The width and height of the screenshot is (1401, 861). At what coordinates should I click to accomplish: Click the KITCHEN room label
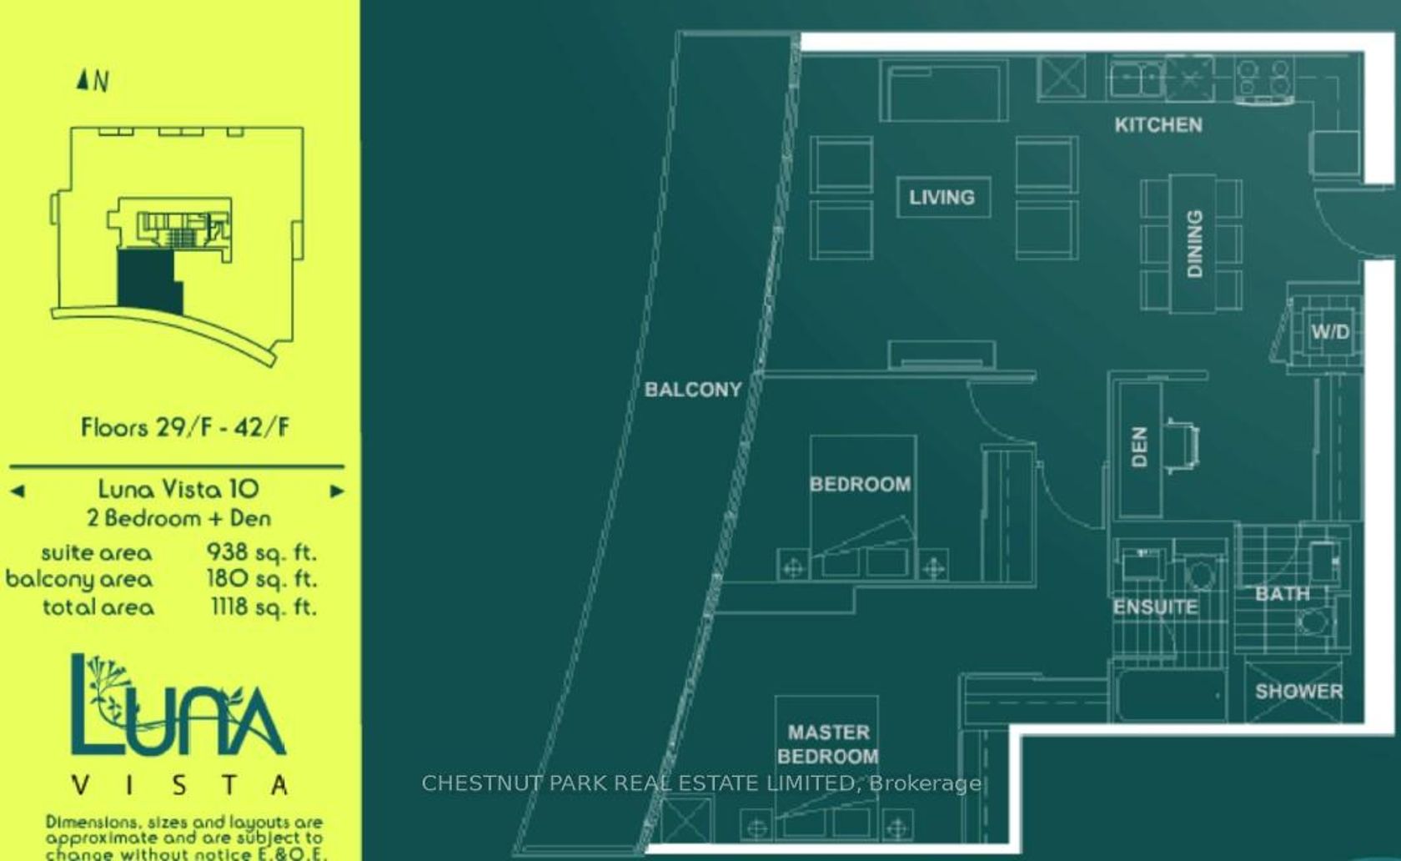1158,125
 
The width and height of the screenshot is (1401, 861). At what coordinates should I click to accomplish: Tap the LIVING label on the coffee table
942,198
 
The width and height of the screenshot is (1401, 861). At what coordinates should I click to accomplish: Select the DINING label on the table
1194,244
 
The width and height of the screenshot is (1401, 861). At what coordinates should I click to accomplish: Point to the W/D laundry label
1330,332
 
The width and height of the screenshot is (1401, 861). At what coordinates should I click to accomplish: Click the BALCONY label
693,390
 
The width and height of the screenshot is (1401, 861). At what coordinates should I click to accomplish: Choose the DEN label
1139,447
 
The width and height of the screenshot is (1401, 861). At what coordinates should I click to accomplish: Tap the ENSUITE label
1156,607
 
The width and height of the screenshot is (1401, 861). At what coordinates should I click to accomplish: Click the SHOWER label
1299,692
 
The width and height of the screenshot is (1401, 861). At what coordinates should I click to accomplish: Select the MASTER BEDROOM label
828,744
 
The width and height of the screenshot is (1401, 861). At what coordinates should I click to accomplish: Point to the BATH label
1283,594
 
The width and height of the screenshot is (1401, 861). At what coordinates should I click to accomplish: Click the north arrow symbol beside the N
82,79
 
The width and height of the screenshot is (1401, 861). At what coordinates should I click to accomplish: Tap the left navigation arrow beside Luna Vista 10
18,491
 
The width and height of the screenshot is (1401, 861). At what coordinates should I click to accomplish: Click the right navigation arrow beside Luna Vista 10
337,491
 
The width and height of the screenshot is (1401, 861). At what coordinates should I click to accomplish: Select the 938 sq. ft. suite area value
262,552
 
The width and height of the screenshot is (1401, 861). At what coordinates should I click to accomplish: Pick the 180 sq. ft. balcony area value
262,579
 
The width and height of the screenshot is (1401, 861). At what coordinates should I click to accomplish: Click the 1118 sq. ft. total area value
264,607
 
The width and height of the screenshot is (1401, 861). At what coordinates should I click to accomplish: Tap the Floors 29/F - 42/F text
185,428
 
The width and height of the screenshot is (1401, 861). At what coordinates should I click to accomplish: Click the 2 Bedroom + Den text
178,519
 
